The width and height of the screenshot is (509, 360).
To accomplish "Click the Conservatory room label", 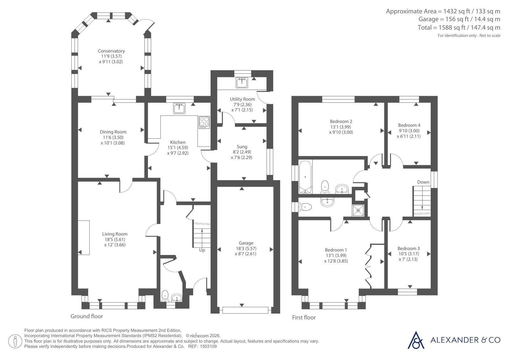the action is pos(111,51).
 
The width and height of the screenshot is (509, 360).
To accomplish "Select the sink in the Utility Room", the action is pos(242,82).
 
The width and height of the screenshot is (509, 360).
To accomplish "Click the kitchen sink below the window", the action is pos(179,108).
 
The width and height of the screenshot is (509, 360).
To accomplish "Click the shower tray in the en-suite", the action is pos(358,210).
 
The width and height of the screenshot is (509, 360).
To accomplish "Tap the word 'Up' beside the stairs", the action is pos(202,250).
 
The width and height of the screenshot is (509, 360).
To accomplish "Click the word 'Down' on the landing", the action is pos(423,182).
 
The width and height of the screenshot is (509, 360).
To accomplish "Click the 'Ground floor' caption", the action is pos(87,316).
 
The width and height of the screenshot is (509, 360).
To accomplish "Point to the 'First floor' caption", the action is pos(304,317).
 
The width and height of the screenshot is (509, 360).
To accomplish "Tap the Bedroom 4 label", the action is pos(409,125).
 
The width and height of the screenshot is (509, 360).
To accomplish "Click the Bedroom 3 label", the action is pos(408,248).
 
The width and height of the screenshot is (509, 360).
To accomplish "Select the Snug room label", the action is pos(242,147).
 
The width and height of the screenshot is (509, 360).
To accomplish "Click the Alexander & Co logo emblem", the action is pos(416,340).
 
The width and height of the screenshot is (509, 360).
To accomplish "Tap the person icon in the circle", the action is pos(15,341).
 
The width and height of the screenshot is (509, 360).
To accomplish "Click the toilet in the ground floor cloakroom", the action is pos(165,296).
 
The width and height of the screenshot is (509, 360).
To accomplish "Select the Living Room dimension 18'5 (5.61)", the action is pos(115,239).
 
